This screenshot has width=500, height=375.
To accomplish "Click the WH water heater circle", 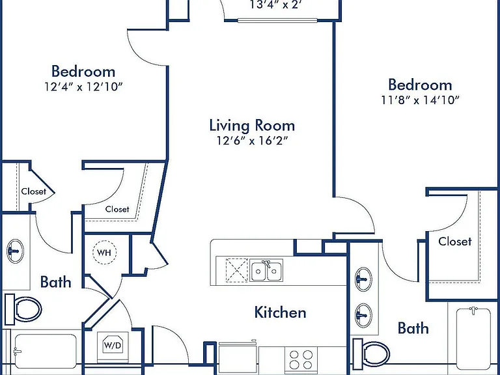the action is coord(104,253).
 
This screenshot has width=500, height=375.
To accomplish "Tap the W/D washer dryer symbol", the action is coord(113,345).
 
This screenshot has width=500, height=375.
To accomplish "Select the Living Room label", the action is coord(252,125).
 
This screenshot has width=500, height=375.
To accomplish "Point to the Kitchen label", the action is coord(281,312).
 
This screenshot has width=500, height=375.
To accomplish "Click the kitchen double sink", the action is coord(266,270).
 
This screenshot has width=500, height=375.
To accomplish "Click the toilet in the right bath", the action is coord(371,354).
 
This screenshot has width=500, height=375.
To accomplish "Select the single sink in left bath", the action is coord(15,251).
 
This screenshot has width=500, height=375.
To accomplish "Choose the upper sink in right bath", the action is coord(363,279).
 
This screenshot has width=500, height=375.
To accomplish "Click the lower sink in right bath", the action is coord(363,315).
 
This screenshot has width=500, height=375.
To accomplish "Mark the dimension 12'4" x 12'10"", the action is coord(83,87).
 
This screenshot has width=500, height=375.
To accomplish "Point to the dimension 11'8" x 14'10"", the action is coord(421,100).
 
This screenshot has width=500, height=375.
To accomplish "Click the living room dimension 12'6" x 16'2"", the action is coord(252,141).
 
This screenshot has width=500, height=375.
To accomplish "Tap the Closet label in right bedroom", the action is coord(454,242).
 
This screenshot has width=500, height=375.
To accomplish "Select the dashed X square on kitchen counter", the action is coord(237,270).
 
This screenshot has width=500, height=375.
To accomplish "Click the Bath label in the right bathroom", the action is coord(413,328).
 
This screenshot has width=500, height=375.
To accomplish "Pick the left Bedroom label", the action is coord(83,71).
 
